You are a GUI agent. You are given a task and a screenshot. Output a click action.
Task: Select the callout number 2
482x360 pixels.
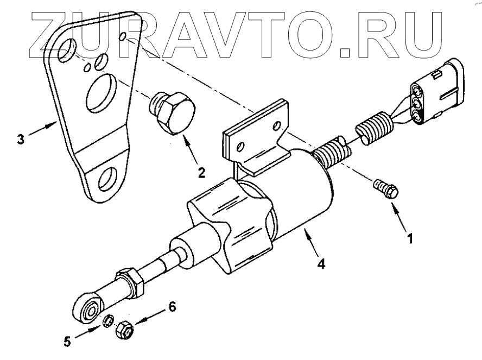pos(201,173)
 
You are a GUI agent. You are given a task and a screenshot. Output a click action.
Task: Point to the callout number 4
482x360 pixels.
pos(322,265)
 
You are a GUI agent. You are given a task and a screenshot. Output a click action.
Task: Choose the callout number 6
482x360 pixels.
pos(172,307)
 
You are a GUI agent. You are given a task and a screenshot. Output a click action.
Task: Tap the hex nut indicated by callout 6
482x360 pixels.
pos(123,329)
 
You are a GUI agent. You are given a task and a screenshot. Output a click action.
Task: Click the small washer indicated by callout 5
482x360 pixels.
pos(108,322)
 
